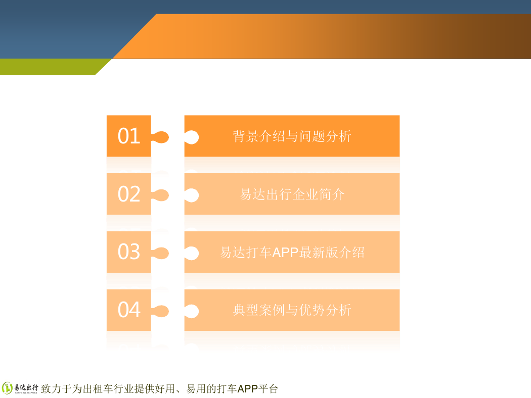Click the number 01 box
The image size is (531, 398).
click(x=128, y=136)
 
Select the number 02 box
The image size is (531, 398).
click(x=128, y=194)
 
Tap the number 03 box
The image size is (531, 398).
click(x=128, y=252)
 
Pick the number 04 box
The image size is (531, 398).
click(x=128, y=310)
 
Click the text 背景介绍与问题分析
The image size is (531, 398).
click(x=292, y=136)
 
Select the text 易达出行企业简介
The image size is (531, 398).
click(x=292, y=194)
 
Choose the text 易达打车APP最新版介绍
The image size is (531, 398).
click(x=292, y=252)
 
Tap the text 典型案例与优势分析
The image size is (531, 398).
click(x=292, y=310)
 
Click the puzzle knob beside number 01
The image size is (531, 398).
click(x=160, y=137)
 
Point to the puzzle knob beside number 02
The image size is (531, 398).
click(x=160, y=195)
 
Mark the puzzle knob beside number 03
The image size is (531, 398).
click(x=160, y=253)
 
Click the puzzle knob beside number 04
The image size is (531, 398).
click(x=160, y=311)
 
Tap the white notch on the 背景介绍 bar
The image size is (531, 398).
click(x=192, y=137)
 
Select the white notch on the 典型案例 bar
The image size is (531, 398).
click(x=192, y=311)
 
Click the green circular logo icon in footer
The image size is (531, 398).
click(x=7, y=388)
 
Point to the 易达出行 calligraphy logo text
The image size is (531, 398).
click(x=26, y=387)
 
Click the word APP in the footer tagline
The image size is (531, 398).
click(x=248, y=389)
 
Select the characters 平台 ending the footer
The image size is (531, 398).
click(x=268, y=389)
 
